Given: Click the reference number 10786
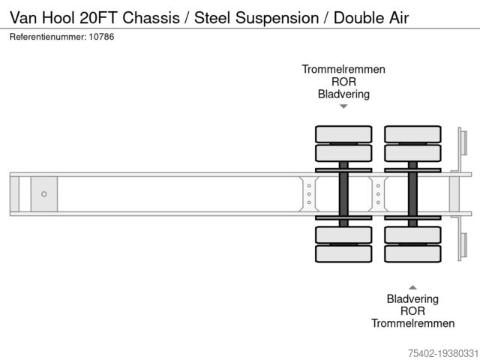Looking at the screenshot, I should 100,37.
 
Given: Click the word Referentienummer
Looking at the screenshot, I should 45,37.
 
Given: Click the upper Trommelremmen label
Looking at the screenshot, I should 343,69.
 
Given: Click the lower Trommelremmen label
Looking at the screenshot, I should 412,323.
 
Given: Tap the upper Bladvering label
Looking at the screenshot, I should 343,94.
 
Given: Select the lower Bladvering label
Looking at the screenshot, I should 412,298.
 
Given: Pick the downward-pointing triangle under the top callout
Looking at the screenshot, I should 343,106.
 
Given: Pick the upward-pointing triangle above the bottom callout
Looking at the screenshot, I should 412,286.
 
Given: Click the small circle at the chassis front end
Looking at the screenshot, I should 44,194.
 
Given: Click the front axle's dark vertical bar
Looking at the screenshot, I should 343,193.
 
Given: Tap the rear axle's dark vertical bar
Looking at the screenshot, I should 412,193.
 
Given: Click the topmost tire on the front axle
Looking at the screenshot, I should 343,134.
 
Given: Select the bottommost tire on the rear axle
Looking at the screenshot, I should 412,253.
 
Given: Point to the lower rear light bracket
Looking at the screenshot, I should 462,247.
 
